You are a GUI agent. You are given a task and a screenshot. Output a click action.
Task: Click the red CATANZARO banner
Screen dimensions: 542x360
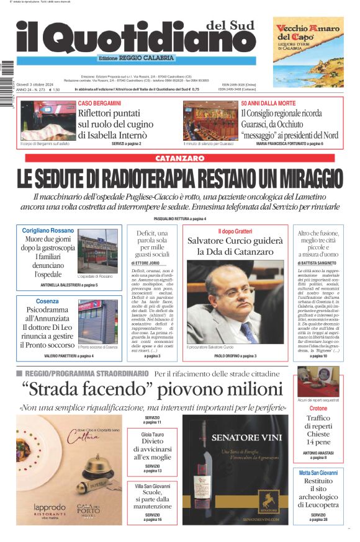[x=179, y=159]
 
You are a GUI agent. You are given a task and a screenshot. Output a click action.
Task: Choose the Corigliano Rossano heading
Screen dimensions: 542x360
[x=48, y=231]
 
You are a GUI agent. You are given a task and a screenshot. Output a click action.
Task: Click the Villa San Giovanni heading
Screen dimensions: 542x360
[x=152, y=486]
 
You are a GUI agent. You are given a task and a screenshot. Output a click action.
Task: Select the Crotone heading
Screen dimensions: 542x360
[x=318, y=409]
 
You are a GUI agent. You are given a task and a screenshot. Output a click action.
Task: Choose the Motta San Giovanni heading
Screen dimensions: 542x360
[x=318, y=473]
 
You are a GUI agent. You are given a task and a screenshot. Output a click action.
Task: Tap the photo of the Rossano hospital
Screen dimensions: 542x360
[x=97, y=251]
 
